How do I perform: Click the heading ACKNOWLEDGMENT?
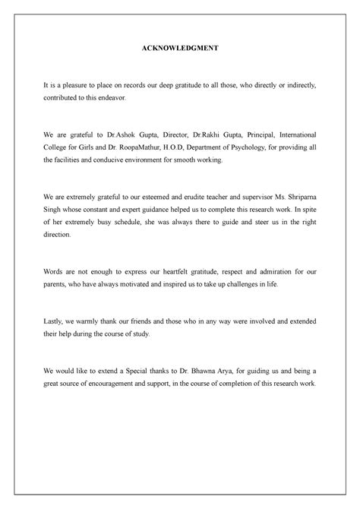point(179,47)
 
